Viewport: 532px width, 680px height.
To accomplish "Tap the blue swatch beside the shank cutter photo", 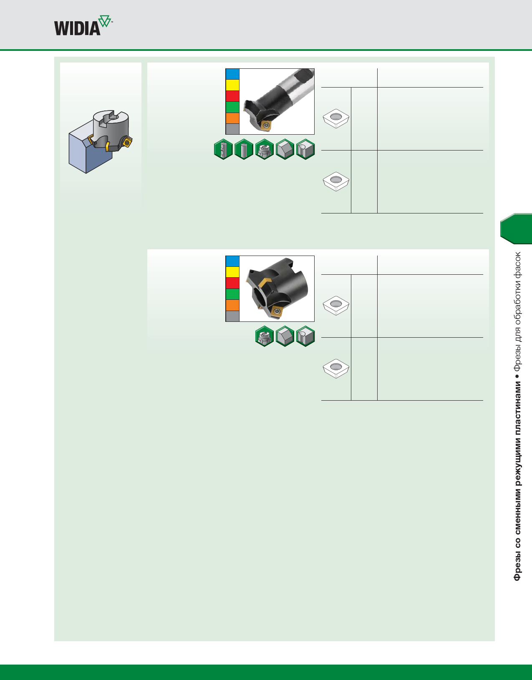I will (232, 74).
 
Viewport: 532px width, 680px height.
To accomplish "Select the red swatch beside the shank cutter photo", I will (232, 96).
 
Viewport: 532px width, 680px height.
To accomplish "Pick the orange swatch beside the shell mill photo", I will (232, 305).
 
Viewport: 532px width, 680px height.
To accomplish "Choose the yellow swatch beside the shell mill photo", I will (232, 272).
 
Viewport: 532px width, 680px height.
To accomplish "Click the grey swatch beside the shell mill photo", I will (232, 316).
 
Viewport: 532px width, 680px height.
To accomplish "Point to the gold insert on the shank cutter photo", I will (265, 124).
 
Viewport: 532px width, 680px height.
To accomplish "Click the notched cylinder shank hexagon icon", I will (223, 149).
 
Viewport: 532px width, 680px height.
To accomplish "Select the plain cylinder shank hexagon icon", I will (244, 149).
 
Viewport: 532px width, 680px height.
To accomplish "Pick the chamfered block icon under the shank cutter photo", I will (285, 149).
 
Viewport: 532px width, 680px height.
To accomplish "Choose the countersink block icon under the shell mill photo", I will (305, 336).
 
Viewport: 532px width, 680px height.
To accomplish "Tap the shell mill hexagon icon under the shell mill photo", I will (265, 336).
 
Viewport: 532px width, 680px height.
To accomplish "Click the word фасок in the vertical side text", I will (517, 265).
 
